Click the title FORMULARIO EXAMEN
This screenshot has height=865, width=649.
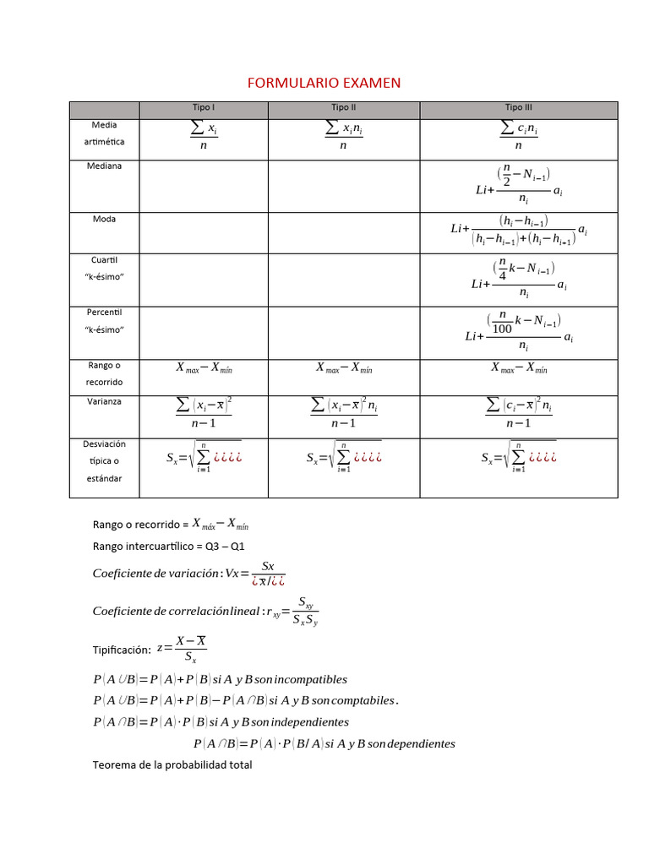tap(324, 83)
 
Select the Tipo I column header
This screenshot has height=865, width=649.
tap(204, 108)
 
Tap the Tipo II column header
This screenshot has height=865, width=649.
tap(344, 108)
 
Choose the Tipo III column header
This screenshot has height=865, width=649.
tap(519, 108)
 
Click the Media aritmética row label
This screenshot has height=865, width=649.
tap(104, 133)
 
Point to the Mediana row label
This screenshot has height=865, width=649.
tap(104, 166)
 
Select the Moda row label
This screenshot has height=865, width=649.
tap(104, 219)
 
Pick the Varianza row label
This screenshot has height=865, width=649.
tap(104, 401)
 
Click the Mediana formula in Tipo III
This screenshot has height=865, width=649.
tap(519, 185)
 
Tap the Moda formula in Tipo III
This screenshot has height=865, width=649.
tap(519, 230)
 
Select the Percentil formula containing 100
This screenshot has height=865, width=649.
tap(519, 332)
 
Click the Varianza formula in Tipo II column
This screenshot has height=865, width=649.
tap(344, 413)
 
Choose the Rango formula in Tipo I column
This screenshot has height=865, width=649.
tap(204, 367)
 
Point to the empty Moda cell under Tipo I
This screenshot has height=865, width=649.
tap(204, 232)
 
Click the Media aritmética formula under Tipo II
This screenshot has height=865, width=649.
tap(344, 135)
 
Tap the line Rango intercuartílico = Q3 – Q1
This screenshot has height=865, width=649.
tap(168, 547)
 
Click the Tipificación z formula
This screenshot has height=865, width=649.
tap(183, 649)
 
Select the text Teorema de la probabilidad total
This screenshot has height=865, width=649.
tap(172, 765)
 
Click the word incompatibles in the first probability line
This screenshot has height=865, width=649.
tap(305, 679)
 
